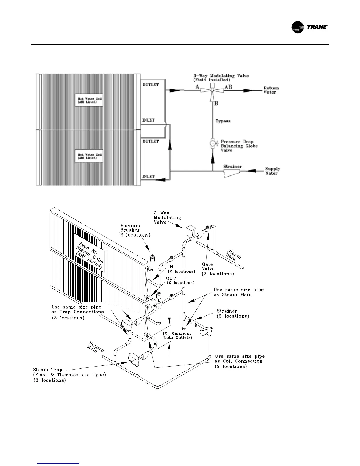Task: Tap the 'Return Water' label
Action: coord(271,90)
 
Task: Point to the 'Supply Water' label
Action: coord(272,171)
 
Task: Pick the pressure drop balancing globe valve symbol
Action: coord(212,143)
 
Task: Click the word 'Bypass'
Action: coord(223,121)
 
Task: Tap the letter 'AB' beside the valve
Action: coord(228,87)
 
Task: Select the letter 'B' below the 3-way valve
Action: coord(216,103)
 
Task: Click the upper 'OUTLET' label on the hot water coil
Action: coord(151,85)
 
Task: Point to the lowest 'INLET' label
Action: coord(149,177)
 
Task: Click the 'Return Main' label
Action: coord(95,348)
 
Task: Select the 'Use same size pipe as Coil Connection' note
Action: coord(239,361)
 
